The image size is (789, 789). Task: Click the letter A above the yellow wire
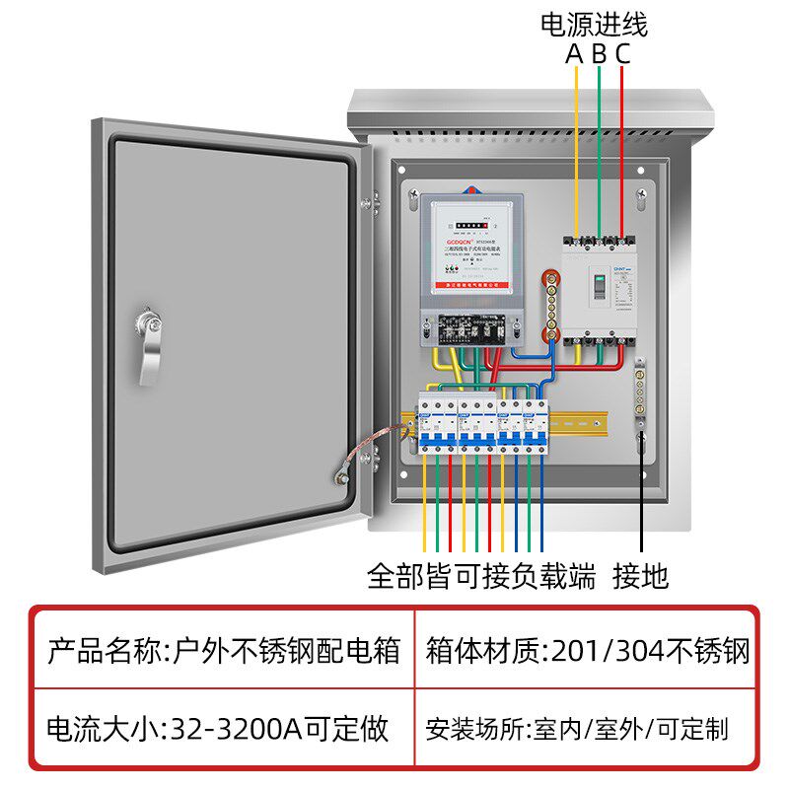pyautogui.click(x=575, y=54)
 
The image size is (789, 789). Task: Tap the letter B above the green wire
pyautogui.click(x=599, y=54)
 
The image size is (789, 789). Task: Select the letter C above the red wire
pyautogui.click(x=622, y=54)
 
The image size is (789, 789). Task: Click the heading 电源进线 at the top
pyautogui.click(x=595, y=25)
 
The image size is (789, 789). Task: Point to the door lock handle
pyautogui.click(x=148, y=345)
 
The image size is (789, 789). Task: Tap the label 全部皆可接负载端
pyautogui.click(x=481, y=574)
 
